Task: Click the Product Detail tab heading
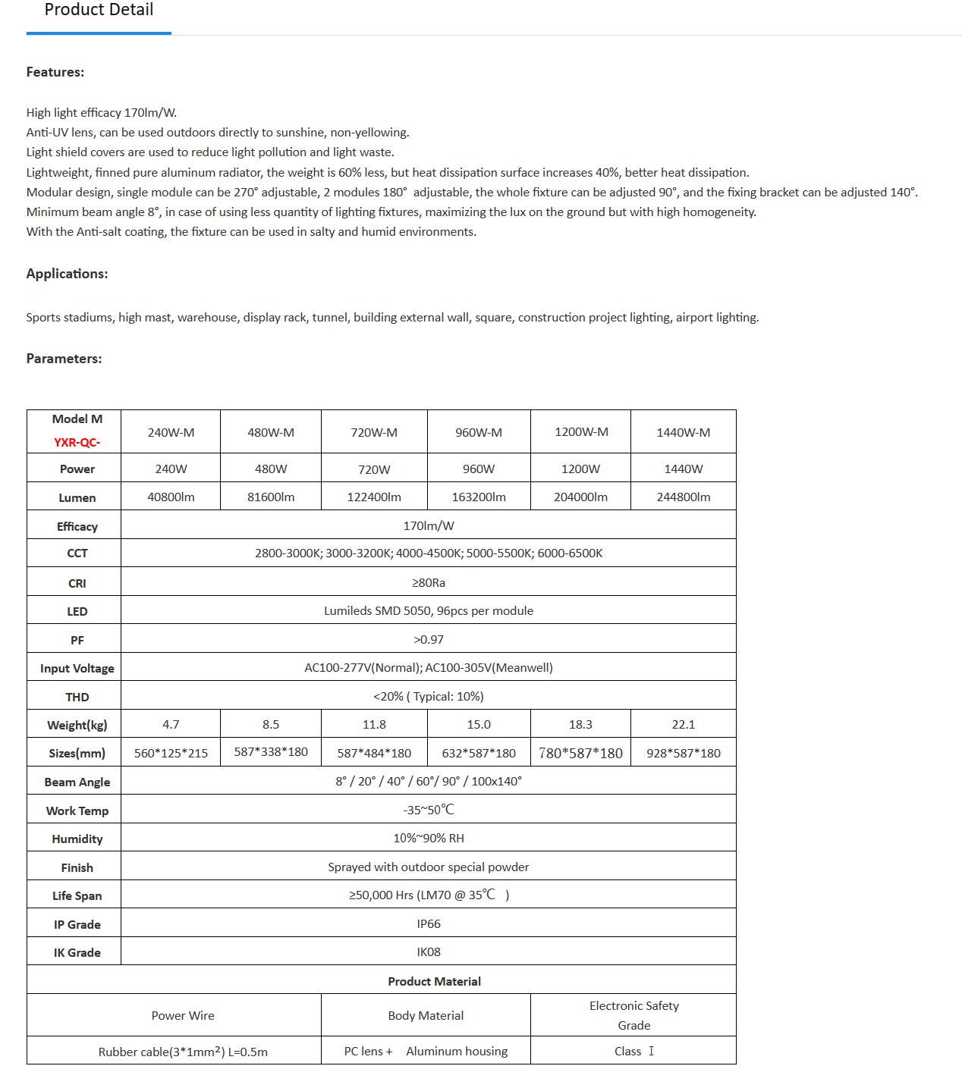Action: (x=99, y=11)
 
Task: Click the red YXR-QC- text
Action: (x=77, y=442)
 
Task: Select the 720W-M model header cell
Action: (x=374, y=432)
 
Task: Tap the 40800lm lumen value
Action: (x=171, y=497)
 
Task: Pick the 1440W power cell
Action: (x=683, y=469)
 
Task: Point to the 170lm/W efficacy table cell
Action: (x=429, y=525)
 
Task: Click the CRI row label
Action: (x=77, y=583)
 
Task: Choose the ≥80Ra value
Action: (x=429, y=582)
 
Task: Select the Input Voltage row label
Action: (x=77, y=668)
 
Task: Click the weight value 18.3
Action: (x=580, y=724)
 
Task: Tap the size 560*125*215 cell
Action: (x=171, y=753)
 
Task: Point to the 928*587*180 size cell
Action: (x=683, y=753)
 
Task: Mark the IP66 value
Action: (x=429, y=923)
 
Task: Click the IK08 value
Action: (x=429, y=952)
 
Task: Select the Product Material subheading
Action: (x=434, y=981)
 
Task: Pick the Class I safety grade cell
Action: (x=633, y=1051)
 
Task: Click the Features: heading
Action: (x=55, y=72)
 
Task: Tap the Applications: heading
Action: (x=67, y=274)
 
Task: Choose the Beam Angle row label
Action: (x=77, y=782)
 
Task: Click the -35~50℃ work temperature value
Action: (x=429, y=810)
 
